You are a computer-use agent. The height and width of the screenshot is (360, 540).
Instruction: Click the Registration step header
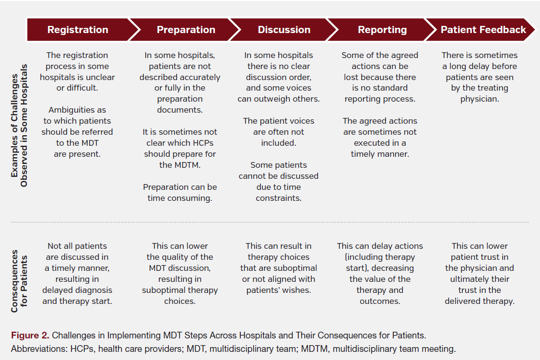[x=78, y=30]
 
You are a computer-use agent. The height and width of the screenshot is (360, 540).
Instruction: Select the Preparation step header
[x=186, y=30]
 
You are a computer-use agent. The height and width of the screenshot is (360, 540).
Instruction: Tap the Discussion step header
[x=284, y=30]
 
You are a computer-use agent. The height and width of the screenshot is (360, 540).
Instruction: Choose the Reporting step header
[x=382, y=30]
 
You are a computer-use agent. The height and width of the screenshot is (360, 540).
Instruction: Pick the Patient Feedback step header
[x=483, y=30]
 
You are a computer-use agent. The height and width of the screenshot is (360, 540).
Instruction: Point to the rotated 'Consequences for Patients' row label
[x=19, y=280]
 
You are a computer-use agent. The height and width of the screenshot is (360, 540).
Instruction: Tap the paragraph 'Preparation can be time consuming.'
[x=180, y=192]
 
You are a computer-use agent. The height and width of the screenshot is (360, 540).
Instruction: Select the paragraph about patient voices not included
[x=279, y=132]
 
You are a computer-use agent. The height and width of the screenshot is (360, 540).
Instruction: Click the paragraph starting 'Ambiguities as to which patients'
[x=77, y=132]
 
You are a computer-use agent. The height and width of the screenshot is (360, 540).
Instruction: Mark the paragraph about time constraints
[x=279, y=181]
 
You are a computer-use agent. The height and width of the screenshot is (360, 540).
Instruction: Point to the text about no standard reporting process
[x=380, y=77]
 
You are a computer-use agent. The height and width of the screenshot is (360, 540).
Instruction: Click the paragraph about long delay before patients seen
[x=480, y=77]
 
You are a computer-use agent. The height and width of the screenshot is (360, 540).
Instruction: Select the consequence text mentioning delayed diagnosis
[x=77, y=273]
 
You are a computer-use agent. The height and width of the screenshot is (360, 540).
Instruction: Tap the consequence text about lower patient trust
[x=480, y=273]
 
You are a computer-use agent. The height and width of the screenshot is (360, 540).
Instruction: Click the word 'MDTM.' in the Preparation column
[x=180, y=165]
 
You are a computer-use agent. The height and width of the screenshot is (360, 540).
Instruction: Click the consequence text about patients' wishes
[x=279, y=268]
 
